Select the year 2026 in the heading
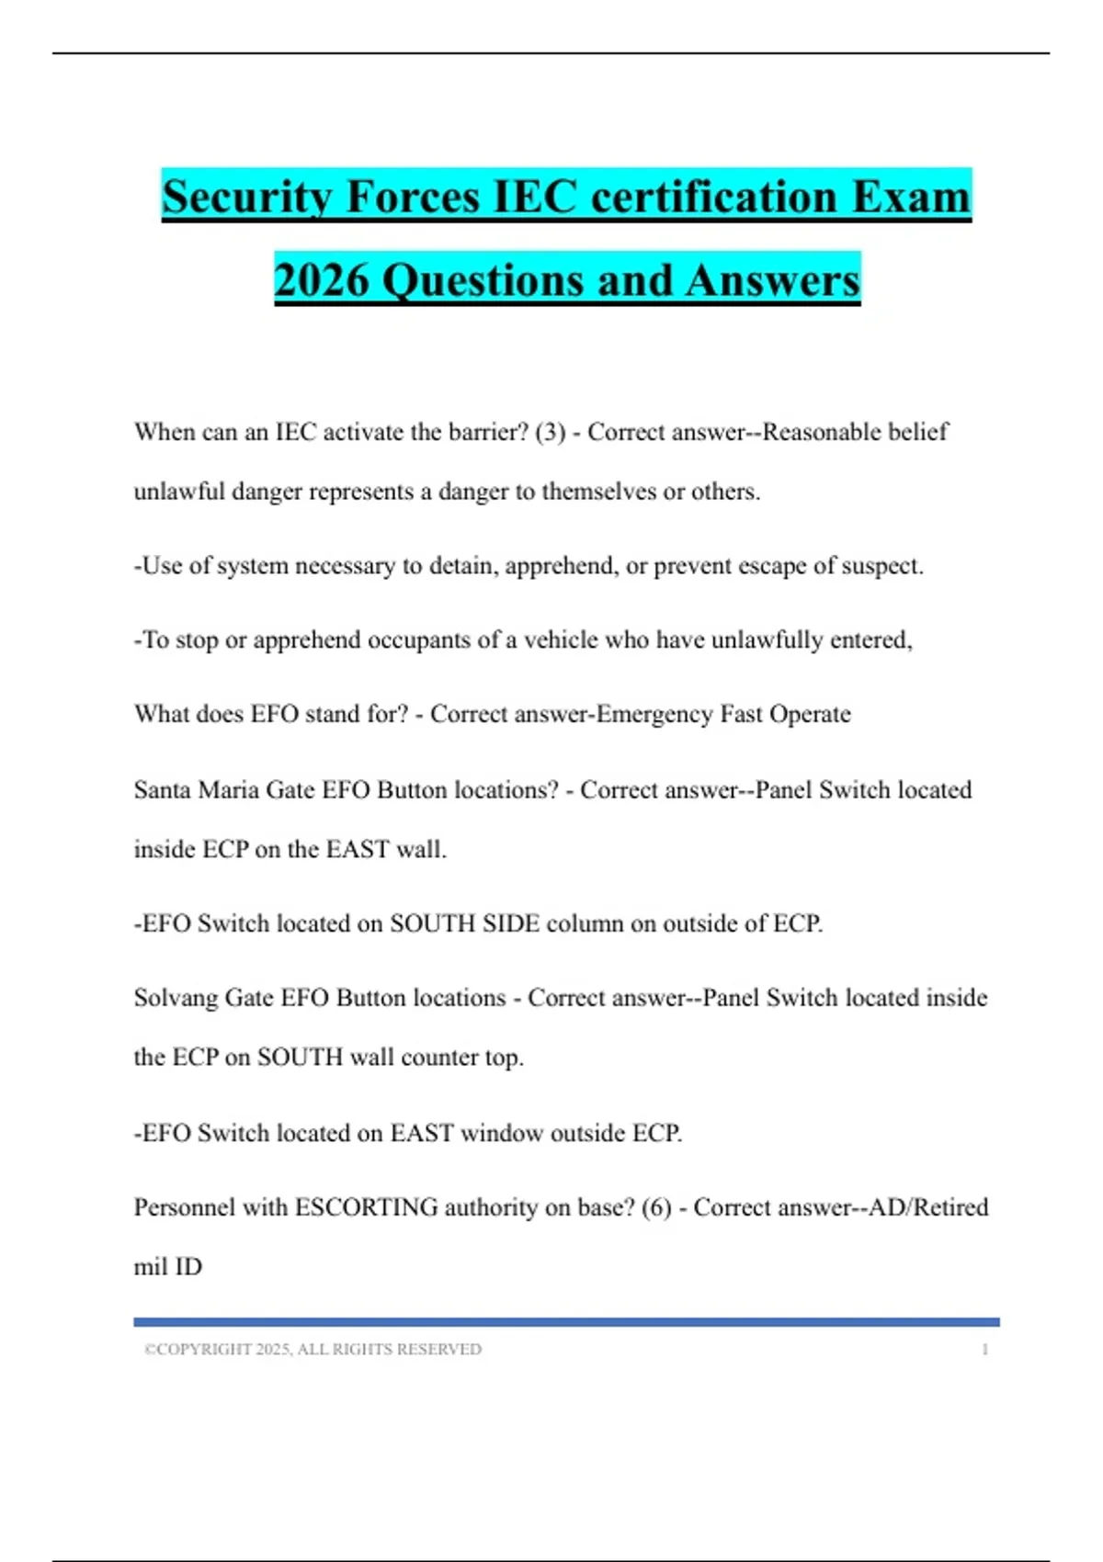click(321, 280)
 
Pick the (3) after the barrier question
click(551, 432)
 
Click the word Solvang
click(176, 998)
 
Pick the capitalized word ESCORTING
click(366, 1207)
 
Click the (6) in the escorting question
click(656, 1207)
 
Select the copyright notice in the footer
click(313, 1350)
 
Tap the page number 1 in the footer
click(984, 1350)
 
